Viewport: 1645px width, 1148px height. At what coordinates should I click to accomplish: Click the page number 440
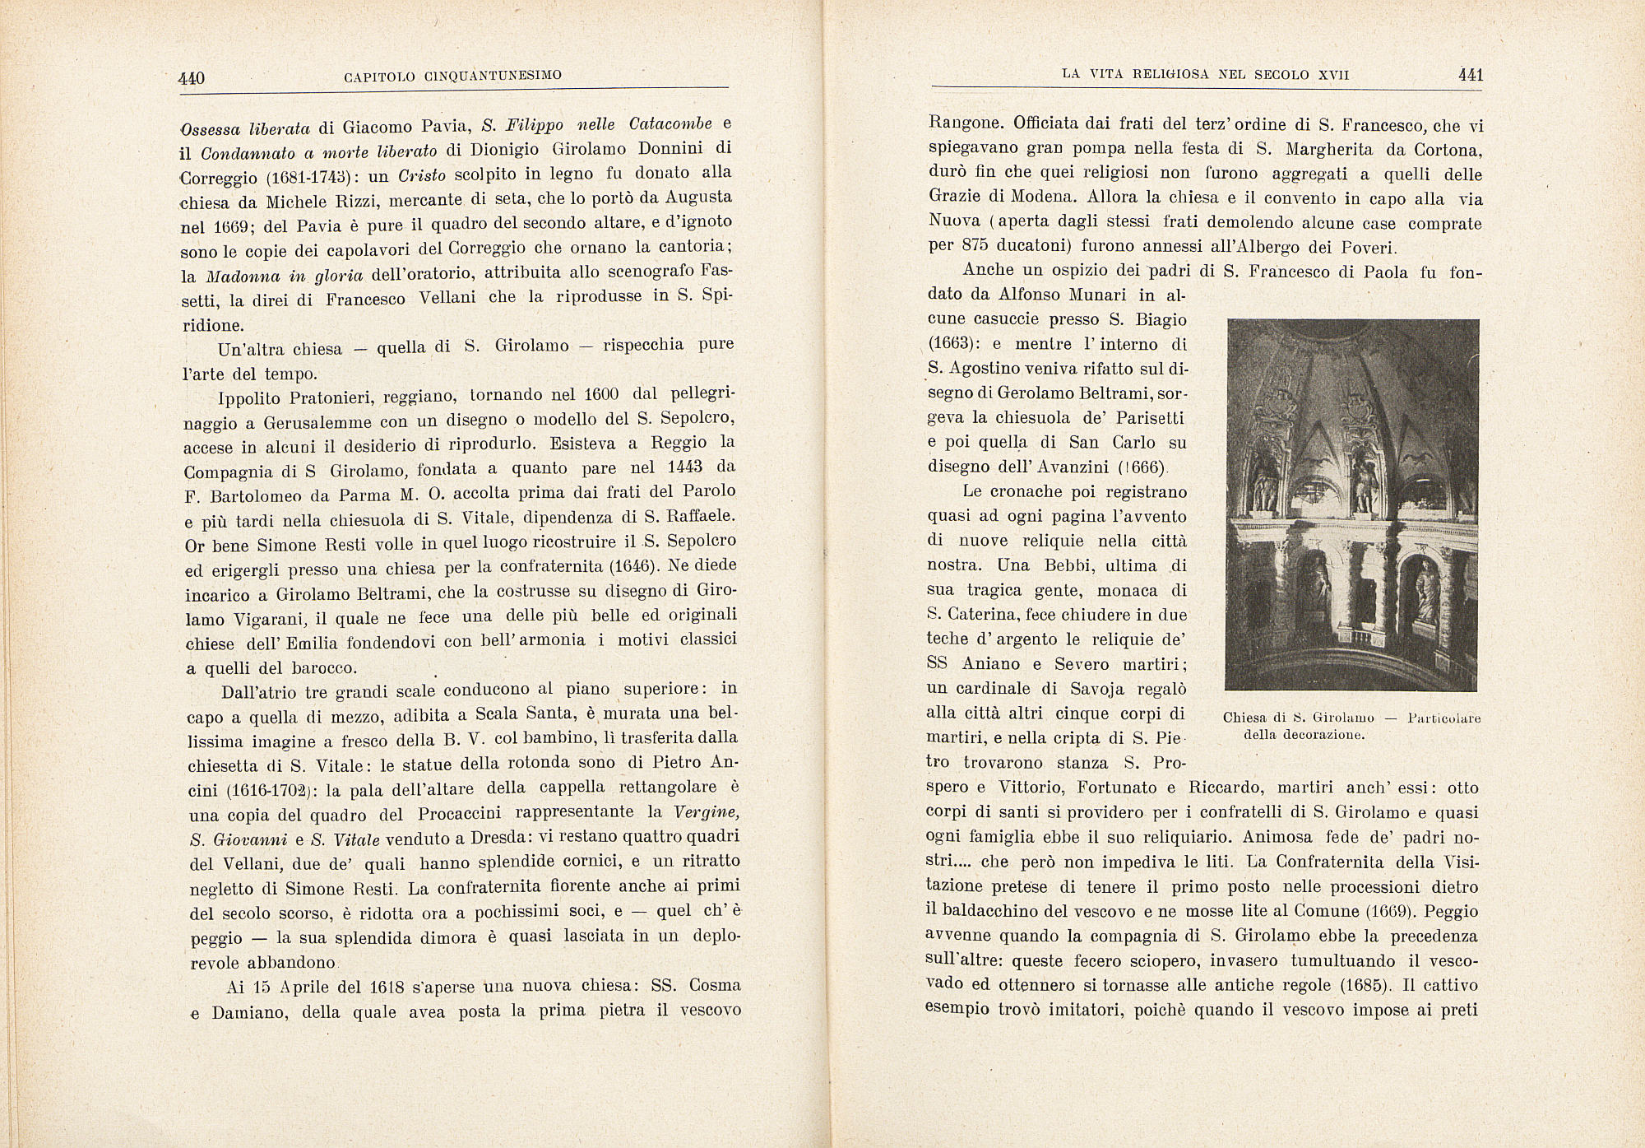192,78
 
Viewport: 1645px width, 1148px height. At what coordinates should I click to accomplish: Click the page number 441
1469,75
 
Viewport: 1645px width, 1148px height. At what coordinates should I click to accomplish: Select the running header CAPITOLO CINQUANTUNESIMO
453,76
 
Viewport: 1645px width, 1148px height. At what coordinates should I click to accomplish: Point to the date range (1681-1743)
303,177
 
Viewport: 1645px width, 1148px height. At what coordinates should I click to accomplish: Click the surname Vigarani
240,618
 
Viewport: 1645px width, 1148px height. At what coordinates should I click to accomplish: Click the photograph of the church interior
1351,504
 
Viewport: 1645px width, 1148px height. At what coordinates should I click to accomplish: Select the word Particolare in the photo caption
1444,718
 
